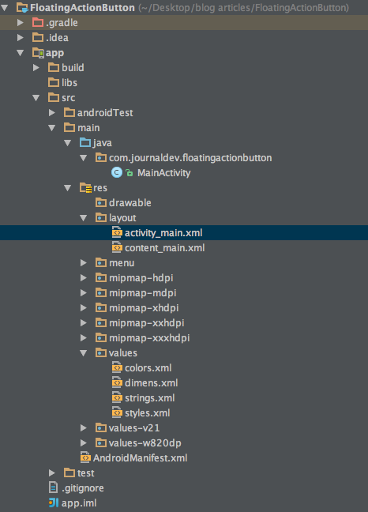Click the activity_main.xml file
pos(163,233)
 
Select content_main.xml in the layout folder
pos(165,248)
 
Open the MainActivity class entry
pos(163,173)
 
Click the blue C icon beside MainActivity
pos(117,172)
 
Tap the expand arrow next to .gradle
pos(21,23)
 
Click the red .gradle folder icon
pos(38,22)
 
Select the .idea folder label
pos(57,38)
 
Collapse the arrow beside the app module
pos(21,53)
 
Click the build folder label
pos(73,68)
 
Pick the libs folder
pos(69,83)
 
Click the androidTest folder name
pos(105,113)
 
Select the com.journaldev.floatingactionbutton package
pos(190,158)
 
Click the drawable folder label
pos(130,203)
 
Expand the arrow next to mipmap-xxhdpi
pos(84,323)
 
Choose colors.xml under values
pos(148,368)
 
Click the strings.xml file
pos(150,398)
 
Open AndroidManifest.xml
pos(141,458)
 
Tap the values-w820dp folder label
pos(145,443)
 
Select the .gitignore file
pos(83,488)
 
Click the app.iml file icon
pos(54,503)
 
